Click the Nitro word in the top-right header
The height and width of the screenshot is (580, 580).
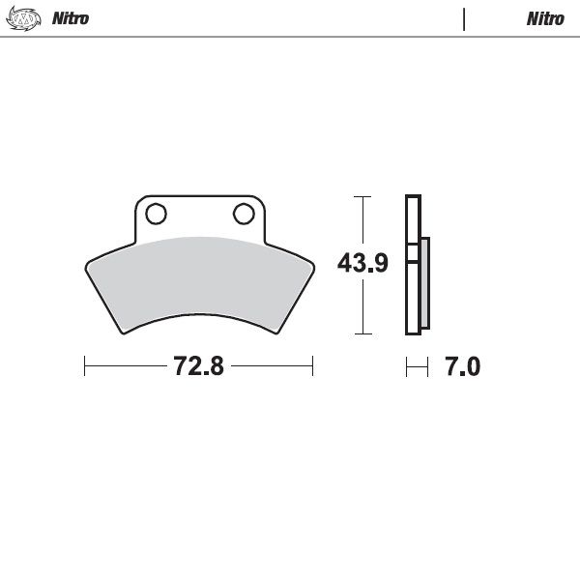[545, 19]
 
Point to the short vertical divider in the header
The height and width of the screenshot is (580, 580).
[465, 19]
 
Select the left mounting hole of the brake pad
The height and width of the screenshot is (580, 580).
[156, 213]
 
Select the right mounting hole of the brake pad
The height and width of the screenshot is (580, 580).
[241, 213]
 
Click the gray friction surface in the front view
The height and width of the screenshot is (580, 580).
[198, 280]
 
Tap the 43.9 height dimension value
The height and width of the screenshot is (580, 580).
[362, 263]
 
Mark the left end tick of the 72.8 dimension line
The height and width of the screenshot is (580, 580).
[85, 366]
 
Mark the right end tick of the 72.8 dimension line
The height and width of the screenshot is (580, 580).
[312, 366]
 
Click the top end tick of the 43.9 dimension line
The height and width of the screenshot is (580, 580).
[362, 196]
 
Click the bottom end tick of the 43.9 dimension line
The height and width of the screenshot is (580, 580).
[362, 333]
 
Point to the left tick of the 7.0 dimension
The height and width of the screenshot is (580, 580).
[407, 366]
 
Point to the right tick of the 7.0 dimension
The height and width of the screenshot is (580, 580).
[427, 366]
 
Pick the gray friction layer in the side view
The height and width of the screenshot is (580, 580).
[424, 285]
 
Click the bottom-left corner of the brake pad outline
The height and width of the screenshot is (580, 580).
[124, 333]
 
